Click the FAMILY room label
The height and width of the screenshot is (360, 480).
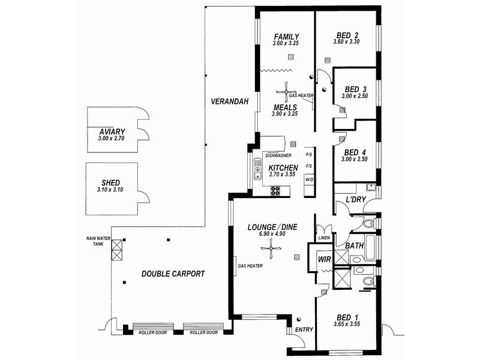pyautogui.click(x=287, y=37)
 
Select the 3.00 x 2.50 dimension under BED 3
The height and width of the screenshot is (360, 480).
pyautogui.click(x=355, y=96)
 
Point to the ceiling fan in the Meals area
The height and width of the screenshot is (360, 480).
pyautogui.click(x=286, y=92)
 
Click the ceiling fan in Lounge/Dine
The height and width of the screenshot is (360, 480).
pyautogui.click(x=271, y=248)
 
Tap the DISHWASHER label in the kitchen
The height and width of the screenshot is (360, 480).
pyautogui.click(x=278, y=155)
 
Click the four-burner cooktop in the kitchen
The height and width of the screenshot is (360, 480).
pyautogui.click(x=275, y=191)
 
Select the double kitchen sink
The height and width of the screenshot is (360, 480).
pyautogui.click(x=258, y=169)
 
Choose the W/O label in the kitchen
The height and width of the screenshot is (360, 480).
pyautogui.click(x=309, y=179)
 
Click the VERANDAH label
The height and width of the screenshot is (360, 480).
pyautogui.click(x=230, y=101)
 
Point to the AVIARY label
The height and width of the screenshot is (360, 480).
pyautogui.click(x=112, y=131)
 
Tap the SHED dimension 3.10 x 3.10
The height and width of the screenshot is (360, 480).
pyautogui.click(x=110, y=190)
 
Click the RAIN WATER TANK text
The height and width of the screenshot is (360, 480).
pyautogui.click(x=98, y=241)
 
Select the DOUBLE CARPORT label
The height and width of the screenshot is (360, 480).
pyautogui.click(x=173, y=274)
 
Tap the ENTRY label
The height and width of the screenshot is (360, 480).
pyautogui.click(x=304, y=329)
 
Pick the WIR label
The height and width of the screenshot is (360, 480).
pyautogui.click(x=325, y=259)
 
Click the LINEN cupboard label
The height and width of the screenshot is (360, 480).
pyautogui.click(x=324, y=238)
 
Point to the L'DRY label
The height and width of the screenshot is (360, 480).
pyautogui.click(x=356, y=200)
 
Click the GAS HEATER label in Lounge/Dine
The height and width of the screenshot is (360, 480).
pyautogui.click(x=250, y=266)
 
